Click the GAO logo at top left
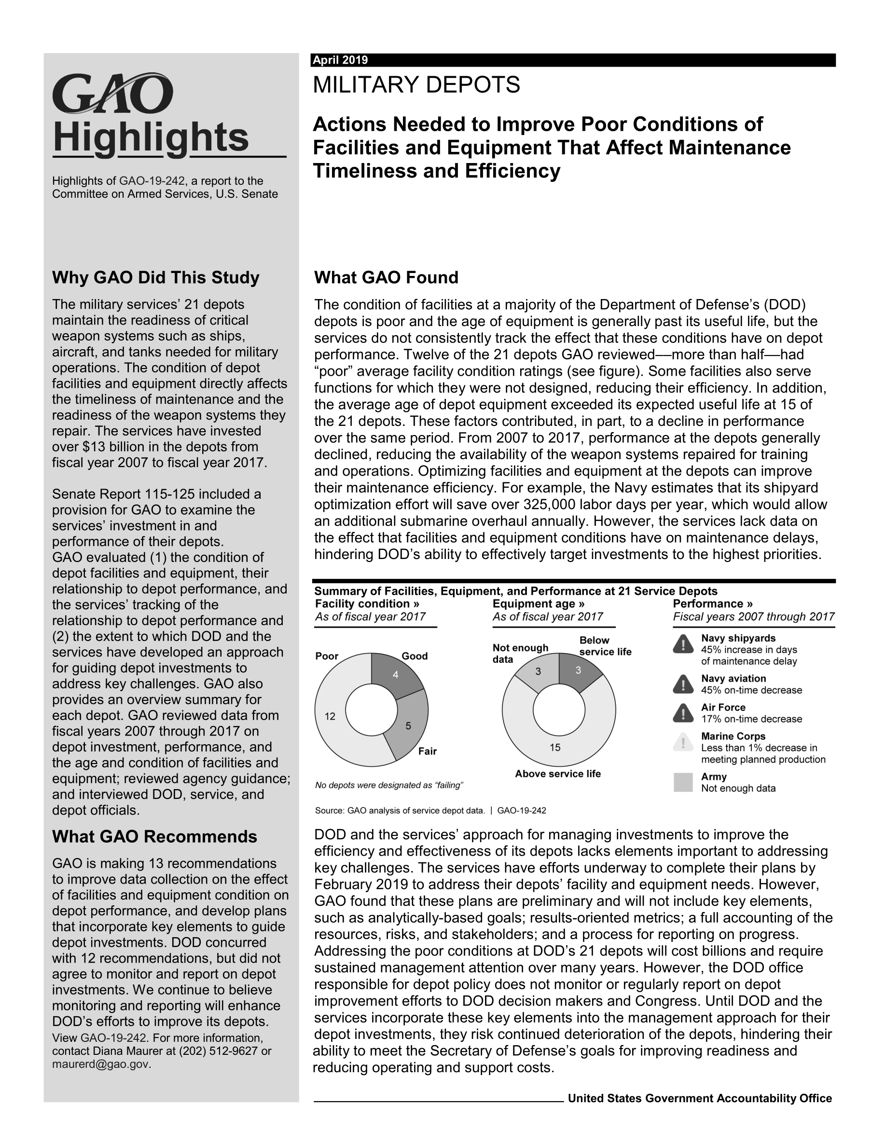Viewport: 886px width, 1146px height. [112, 94]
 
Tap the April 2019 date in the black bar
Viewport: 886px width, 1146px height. [340, 60]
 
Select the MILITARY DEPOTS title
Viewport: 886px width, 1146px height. [416, 85]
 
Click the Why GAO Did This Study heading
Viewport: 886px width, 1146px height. [155, 278]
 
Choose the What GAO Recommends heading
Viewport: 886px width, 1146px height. [154, 836]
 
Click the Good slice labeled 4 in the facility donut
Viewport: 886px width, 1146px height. [396, 675]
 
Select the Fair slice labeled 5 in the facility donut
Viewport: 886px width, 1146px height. [408, 726]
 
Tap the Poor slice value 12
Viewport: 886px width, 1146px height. [330, 716]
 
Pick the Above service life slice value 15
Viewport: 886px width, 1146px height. [555, 747]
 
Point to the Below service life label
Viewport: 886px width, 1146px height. [605, 646]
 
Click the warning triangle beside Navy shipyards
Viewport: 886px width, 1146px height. [683, 644]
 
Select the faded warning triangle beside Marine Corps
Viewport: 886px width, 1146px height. [683, 742]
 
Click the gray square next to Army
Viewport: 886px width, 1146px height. [683, 782]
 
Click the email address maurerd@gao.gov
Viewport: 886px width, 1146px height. [101, 1064]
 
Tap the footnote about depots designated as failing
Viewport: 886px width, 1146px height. [389, 785]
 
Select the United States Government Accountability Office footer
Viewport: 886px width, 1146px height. [699, 1098]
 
